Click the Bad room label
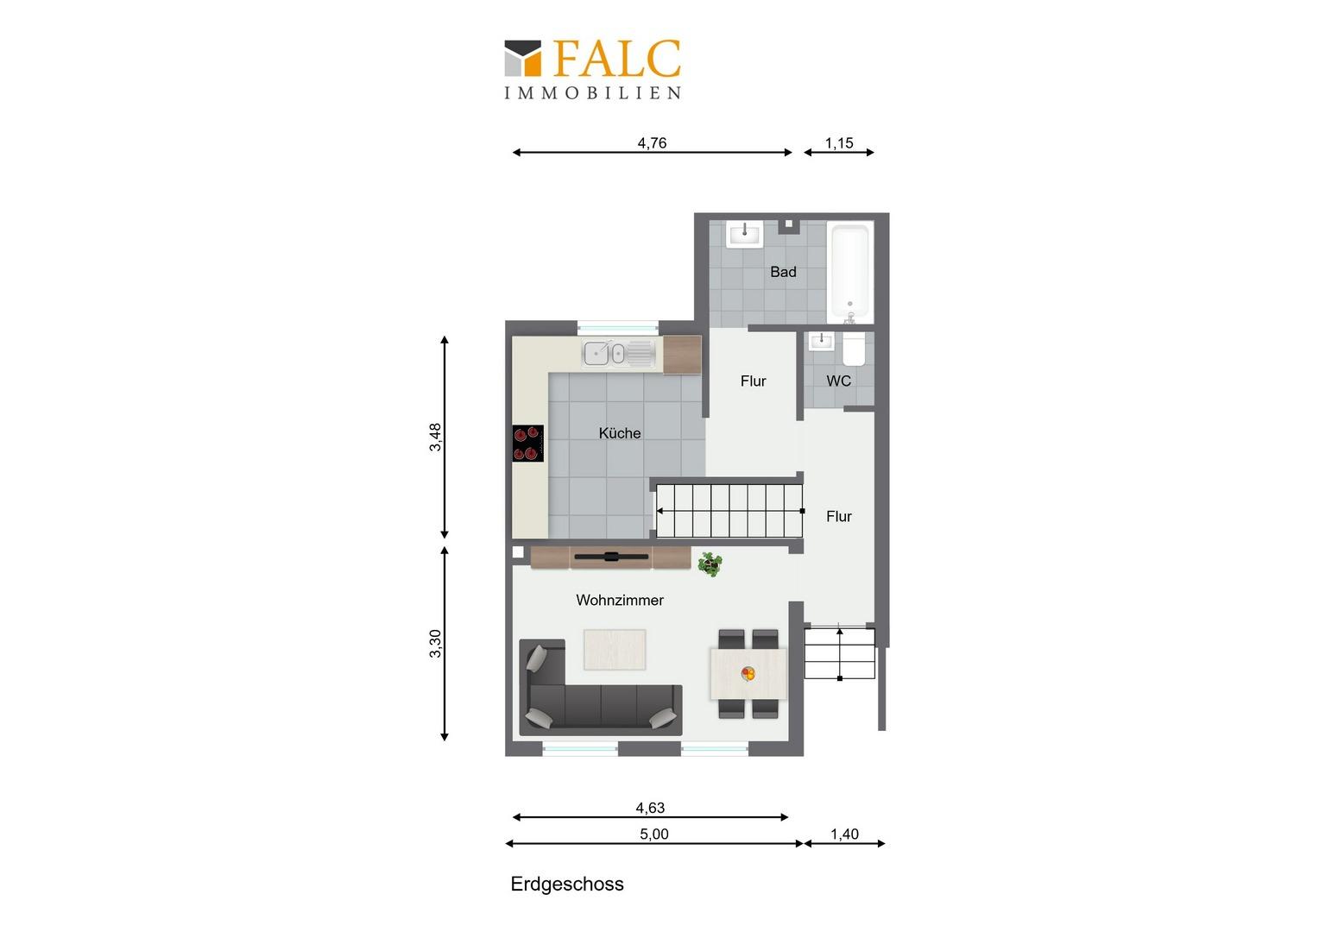pos(783,272)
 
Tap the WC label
pos(838,381)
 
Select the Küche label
pos(620,433)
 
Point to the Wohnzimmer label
pos(620,600)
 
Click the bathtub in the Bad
pos(849,272)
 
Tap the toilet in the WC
pos(853,349)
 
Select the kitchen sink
pos(619,353)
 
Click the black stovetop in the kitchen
pos(527,444)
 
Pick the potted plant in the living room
pos(710,564)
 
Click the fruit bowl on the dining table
pos(748,673)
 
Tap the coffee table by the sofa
pos(615,650)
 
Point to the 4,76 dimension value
pos(652,143)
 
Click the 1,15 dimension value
pos(839,143)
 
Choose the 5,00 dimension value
pos(654,834)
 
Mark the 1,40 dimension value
pos(844,834)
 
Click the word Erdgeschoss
pos(567,885)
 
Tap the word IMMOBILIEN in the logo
pos(593,93)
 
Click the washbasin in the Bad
pos(745,235)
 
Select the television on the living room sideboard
pos(611,557)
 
